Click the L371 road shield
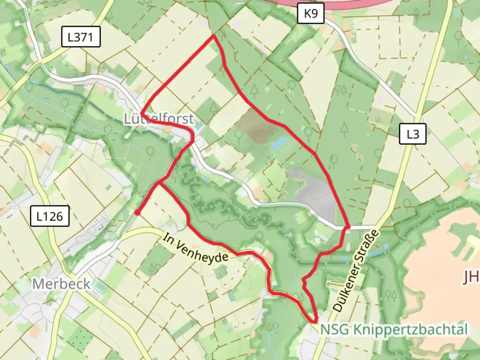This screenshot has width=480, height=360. tap(81, 37)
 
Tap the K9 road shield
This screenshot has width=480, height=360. tap(310, 14)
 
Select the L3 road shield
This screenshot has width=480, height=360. tap(413, 134)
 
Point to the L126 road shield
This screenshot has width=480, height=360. tap(50, 216)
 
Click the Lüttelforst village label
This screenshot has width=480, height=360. tap(159, 119)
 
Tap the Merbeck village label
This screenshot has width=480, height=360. tap(61, 284)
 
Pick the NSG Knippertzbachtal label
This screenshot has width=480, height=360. tap(394, 329)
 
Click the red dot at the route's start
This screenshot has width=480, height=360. tap(137, 212)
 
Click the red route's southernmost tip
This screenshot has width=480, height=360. tap(315, 322)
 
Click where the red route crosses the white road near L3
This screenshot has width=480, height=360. tap(347, 227)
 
